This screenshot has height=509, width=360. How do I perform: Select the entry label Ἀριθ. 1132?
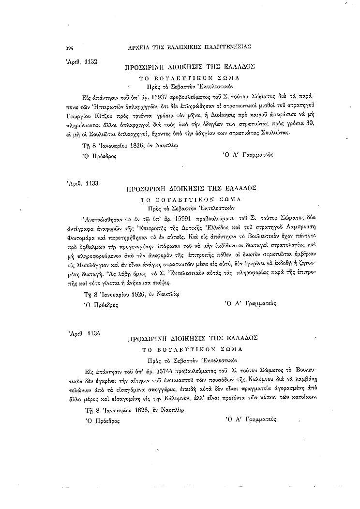81,61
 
